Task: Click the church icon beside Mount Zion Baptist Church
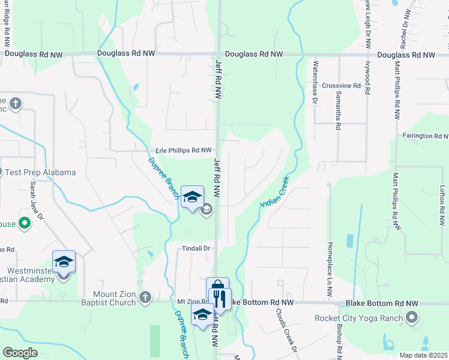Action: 145,298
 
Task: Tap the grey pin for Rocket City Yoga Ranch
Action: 412,318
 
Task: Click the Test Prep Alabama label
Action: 40,172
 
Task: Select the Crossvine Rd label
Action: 341,86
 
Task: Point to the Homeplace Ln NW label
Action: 330,271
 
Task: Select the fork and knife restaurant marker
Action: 220,298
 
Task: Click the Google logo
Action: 20,353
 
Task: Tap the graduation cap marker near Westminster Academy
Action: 64,262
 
